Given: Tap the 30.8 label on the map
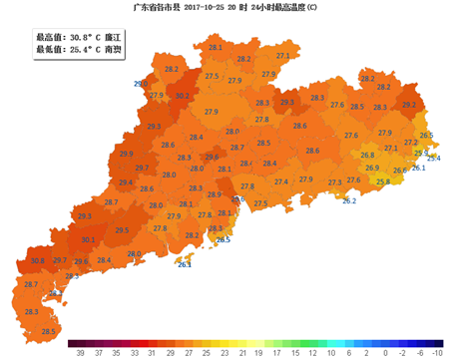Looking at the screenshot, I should [37, 260].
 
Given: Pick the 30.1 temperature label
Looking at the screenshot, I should [88, 239].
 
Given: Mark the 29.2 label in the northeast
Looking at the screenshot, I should [409, 104].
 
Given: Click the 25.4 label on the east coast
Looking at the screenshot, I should [434, 158].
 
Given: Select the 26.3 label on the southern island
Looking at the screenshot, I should [184, 264].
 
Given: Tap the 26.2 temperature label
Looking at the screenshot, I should [349, 201].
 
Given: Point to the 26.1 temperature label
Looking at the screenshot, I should [418, 168].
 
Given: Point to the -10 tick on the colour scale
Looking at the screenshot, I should [436, 352].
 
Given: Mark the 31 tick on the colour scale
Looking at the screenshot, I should [151, 352].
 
